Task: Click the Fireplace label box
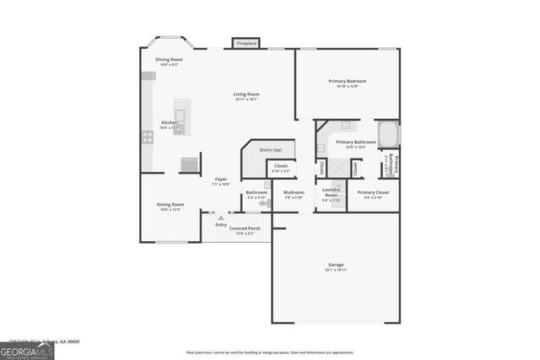click(x=246, y=43)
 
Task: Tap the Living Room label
click(x=246, y=94)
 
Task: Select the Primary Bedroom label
click(x=348, y=82)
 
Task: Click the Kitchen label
click(x=170, y=122)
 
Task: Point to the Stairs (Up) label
click(x=271, y=150)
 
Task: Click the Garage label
click(x=336, y=266)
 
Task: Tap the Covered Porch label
click(x=245, y=228)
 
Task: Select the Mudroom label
click(x=294, y=193)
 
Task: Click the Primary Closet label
click(x=373, y=193)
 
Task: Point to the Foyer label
click(x=220, y=180)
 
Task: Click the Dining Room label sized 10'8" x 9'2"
click(x=169, y=60)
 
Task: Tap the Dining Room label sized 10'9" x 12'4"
click(x=170, y=205)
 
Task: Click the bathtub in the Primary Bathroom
click(x=388, y=134)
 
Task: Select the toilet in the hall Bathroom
click(x=263, y=202)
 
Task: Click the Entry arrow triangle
click(x=222, y=218)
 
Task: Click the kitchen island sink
click(x=180, y=113)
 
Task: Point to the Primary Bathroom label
click(x=355, y=142)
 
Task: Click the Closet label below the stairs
click(x=281, y=167)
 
